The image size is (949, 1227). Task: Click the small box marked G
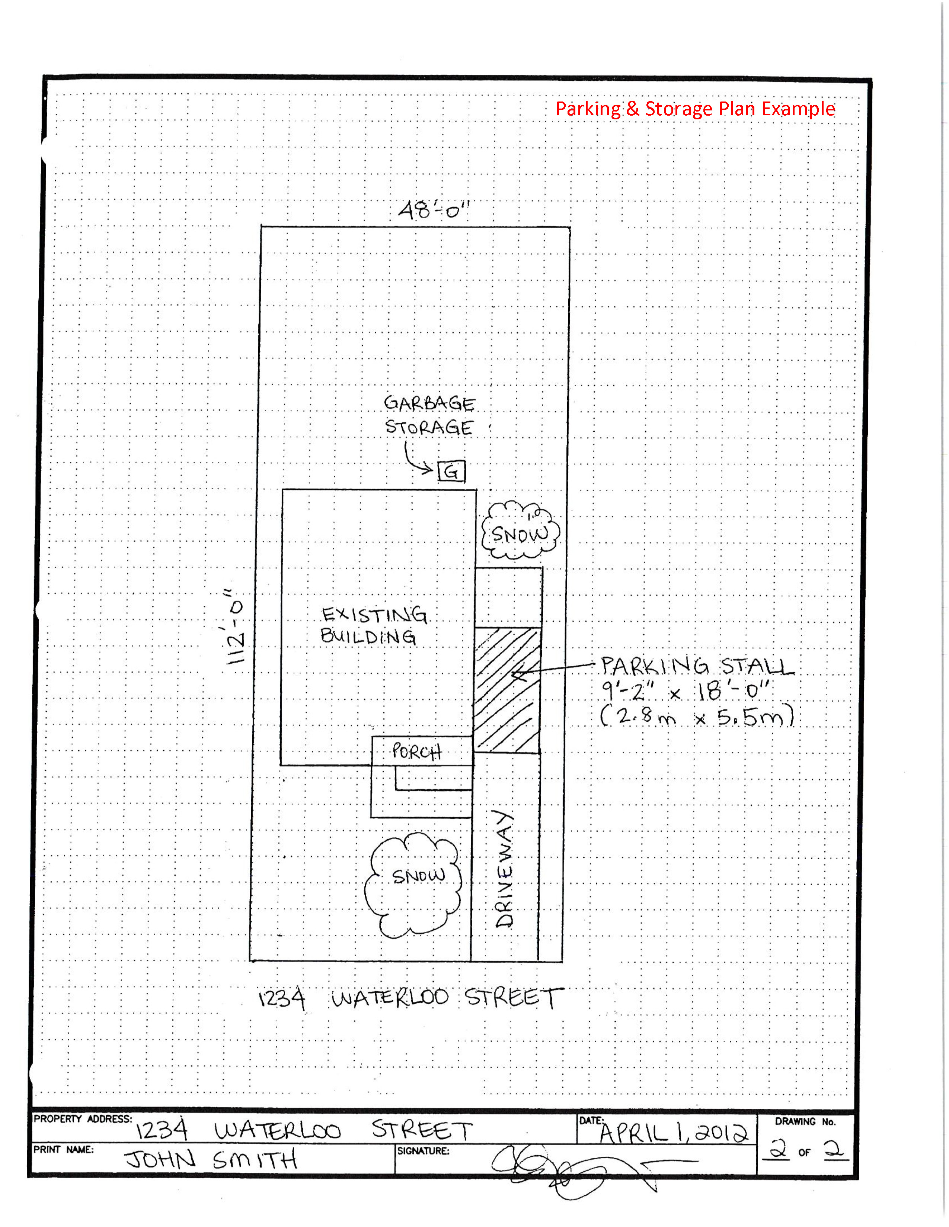point(451,471)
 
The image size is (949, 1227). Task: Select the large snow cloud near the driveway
point(413,886)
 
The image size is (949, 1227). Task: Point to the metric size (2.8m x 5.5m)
point(697,717)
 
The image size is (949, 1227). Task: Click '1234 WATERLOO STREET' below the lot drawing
point(410,998)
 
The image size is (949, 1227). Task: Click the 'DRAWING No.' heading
point(805,1122)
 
